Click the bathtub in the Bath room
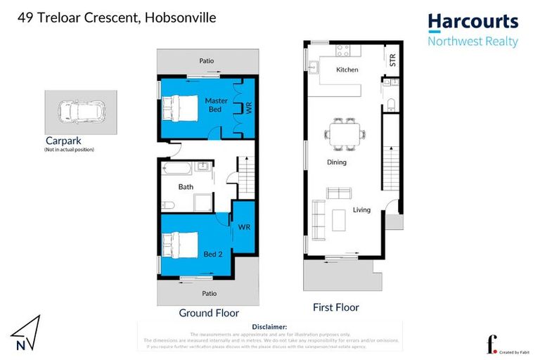click(176, 168)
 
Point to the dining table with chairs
click(345, 133)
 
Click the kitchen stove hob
click(344, 51)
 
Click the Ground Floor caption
click(209, 313)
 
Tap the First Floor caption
click(336, 307)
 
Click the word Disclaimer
click(269, 327)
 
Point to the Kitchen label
click(347, 70)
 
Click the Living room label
click(361, 210)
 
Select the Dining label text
click(337, 162)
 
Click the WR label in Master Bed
click(247, 108)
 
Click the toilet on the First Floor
click(391, 105)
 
